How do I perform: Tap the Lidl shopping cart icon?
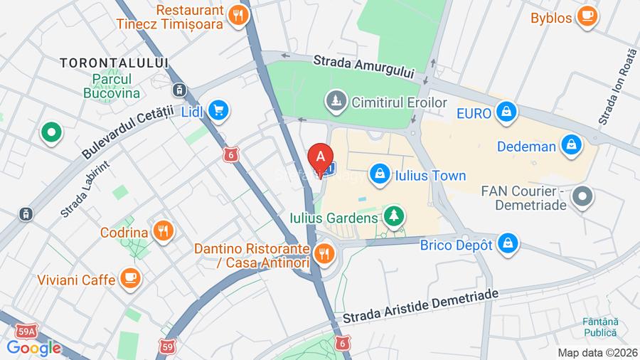218,110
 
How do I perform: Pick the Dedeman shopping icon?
570,146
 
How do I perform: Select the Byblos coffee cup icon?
587,17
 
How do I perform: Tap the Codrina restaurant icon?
164,231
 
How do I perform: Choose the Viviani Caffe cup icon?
129,279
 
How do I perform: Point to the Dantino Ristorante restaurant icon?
324,253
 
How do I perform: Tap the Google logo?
33,348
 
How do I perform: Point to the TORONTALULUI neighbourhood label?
114,63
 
